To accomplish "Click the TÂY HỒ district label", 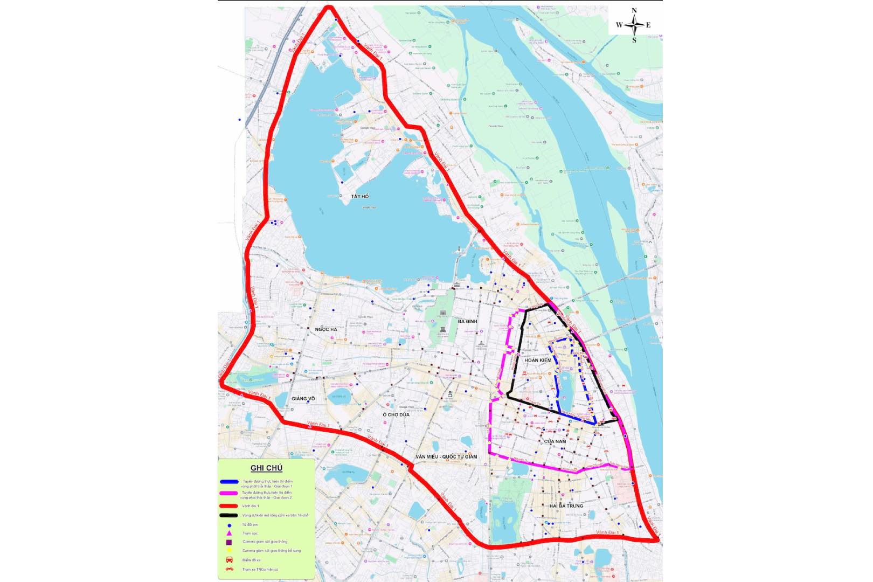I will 359,197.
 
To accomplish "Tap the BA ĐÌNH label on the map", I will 467,321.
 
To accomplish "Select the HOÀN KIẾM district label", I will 538,360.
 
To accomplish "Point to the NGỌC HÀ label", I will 326,329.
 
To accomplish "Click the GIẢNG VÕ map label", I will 303,399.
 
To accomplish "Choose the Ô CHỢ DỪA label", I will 396,415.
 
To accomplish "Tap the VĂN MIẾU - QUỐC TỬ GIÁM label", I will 446,457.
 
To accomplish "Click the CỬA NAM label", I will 555,441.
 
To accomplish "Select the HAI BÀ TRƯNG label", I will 566,506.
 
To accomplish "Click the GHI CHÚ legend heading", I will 266,468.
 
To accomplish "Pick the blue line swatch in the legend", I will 229,482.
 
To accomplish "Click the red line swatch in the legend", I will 229,506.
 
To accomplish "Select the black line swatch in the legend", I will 229,516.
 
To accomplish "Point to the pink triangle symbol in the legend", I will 229,533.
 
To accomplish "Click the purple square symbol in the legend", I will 229,542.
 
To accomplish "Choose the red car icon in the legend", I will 229,560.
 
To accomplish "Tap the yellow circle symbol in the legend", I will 229,551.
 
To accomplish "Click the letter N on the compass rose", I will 634,11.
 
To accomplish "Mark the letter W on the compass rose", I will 619,25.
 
